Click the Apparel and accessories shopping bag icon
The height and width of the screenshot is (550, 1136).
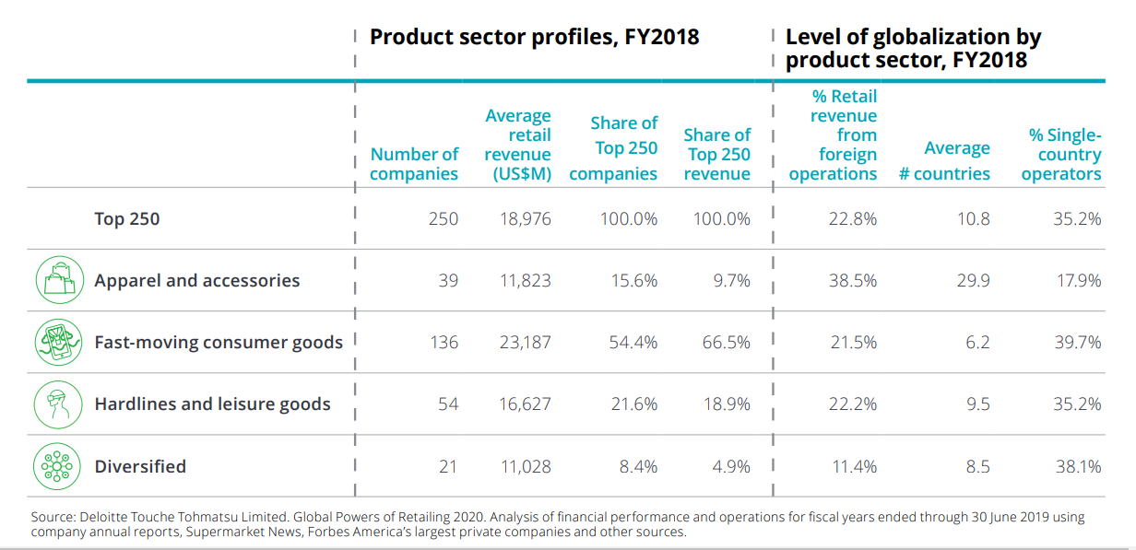tap(58, 280)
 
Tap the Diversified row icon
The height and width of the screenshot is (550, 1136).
tap(58, 466)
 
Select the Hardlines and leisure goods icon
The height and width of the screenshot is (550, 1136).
tap(58, 404)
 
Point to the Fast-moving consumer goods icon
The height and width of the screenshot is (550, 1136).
tap(58, 342)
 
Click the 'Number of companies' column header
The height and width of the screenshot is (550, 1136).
tap(414, 164)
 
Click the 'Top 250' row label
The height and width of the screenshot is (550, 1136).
tap(127, 218)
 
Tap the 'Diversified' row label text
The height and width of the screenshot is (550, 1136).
tap(140, 466)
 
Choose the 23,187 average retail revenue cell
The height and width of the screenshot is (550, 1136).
tap(526, 342)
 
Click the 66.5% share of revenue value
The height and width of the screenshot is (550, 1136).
tap(726, 342)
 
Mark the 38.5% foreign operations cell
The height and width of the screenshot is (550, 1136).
tap(852, 280)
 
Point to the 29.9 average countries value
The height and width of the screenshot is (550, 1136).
tap(973, 280)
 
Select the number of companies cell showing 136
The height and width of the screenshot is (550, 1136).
tap(444, 342)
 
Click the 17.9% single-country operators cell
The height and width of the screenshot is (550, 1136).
tap(1078, 280)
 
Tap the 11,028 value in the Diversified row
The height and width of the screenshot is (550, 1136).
tap(526, 466)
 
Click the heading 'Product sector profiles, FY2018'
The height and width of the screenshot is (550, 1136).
tap(534, 37)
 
